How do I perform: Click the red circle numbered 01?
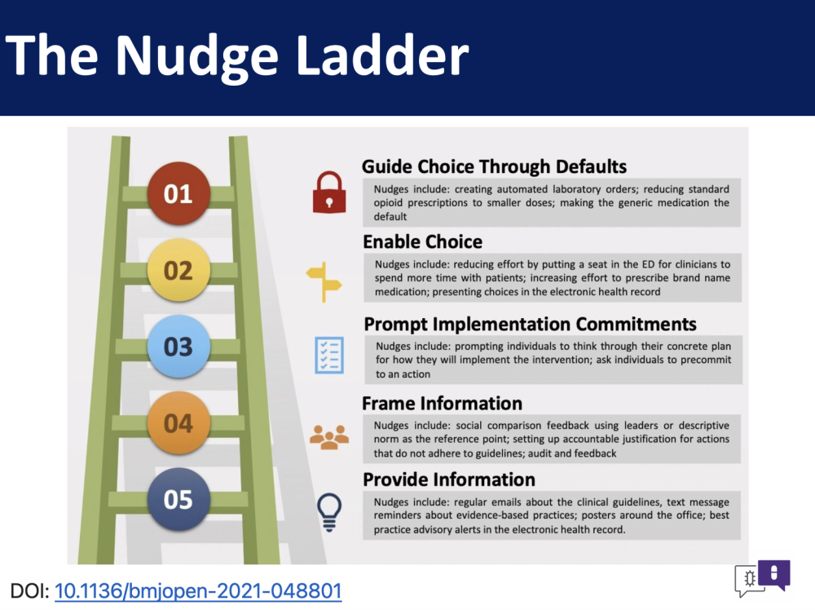coord(178,193)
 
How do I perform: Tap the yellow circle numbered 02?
coord(178,270)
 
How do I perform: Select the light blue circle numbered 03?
coord(178,347)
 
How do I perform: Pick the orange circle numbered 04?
coord(178,422)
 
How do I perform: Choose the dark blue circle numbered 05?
coord(178,499)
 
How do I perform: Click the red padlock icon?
coord(329,192)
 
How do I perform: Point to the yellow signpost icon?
coord(324,282)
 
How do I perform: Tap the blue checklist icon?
coord(329,356)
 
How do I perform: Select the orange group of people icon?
coord(329,437)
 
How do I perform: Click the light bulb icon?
coord(329,511)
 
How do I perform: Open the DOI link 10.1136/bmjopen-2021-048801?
coord(198,591)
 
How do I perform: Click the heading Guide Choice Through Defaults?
coord(495,166)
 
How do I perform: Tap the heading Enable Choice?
coord(422,242)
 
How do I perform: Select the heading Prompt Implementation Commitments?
coord(531,324)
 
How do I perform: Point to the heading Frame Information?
coord(443,404)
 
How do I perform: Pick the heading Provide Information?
coord(449,480)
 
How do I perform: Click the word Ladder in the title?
coord(382,55)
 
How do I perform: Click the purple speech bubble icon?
coord(774,574)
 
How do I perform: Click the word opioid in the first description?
coord(388,203)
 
